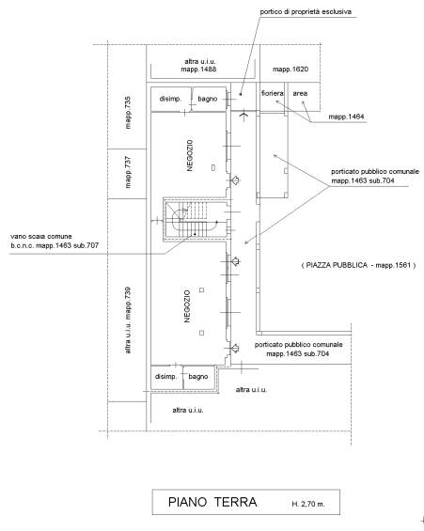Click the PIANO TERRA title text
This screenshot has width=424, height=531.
tap(212, 502)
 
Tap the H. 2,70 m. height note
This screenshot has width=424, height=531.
tap(308, 504)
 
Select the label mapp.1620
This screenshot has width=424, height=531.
tap(291, 70)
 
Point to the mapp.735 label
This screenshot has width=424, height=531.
tap(128, 113)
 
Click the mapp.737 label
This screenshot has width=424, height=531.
tap(128, 172)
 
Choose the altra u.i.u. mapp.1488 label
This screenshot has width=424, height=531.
tap(199, 66)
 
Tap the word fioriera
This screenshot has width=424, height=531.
tap(273, 93)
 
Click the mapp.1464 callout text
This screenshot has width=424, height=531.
tap(347, 117)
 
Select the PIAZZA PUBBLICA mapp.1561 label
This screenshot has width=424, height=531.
tap(358, 265)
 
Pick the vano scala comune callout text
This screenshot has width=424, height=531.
tap(55, 241)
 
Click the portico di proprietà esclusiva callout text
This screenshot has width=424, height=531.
tap(306, 12)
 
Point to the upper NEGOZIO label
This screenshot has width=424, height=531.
tap(190, 155)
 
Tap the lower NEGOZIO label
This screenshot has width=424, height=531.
tap(187, 306)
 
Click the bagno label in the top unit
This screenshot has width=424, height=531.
tap(207, 99)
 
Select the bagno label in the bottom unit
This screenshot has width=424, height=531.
tap(198, 377)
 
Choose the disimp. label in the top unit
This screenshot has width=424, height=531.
tap(171, 99)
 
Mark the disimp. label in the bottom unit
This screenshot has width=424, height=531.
tap(165, 377)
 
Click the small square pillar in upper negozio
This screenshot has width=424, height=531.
tap(213, 167)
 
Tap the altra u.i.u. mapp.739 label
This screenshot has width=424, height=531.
tap(128, 320)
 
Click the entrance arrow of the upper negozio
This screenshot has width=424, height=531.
tap(235, 180)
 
